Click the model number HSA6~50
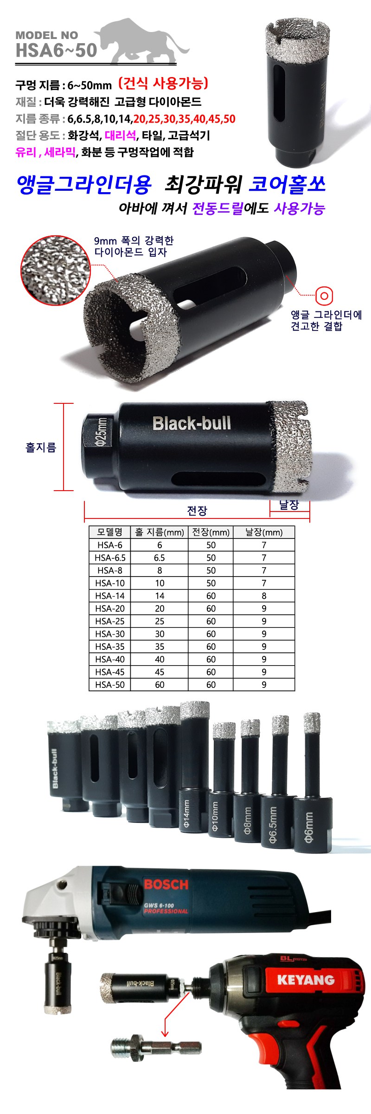pyautogui.click(x=56, y=50)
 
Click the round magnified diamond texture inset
pyautogui.click(x=56, y=270)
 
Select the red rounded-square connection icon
pyautogui.click(x=324, y=295)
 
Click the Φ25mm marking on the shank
pyautogui.click(x=101, y=432)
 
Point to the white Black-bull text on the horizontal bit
pyautogui.click(x=192, y=423)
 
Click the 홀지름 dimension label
pyautogui.click(x=41, y=447)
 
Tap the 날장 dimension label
pyautogui.click(x=289, y=505)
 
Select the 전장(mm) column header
pyautogui.click(x=211, y=532)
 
